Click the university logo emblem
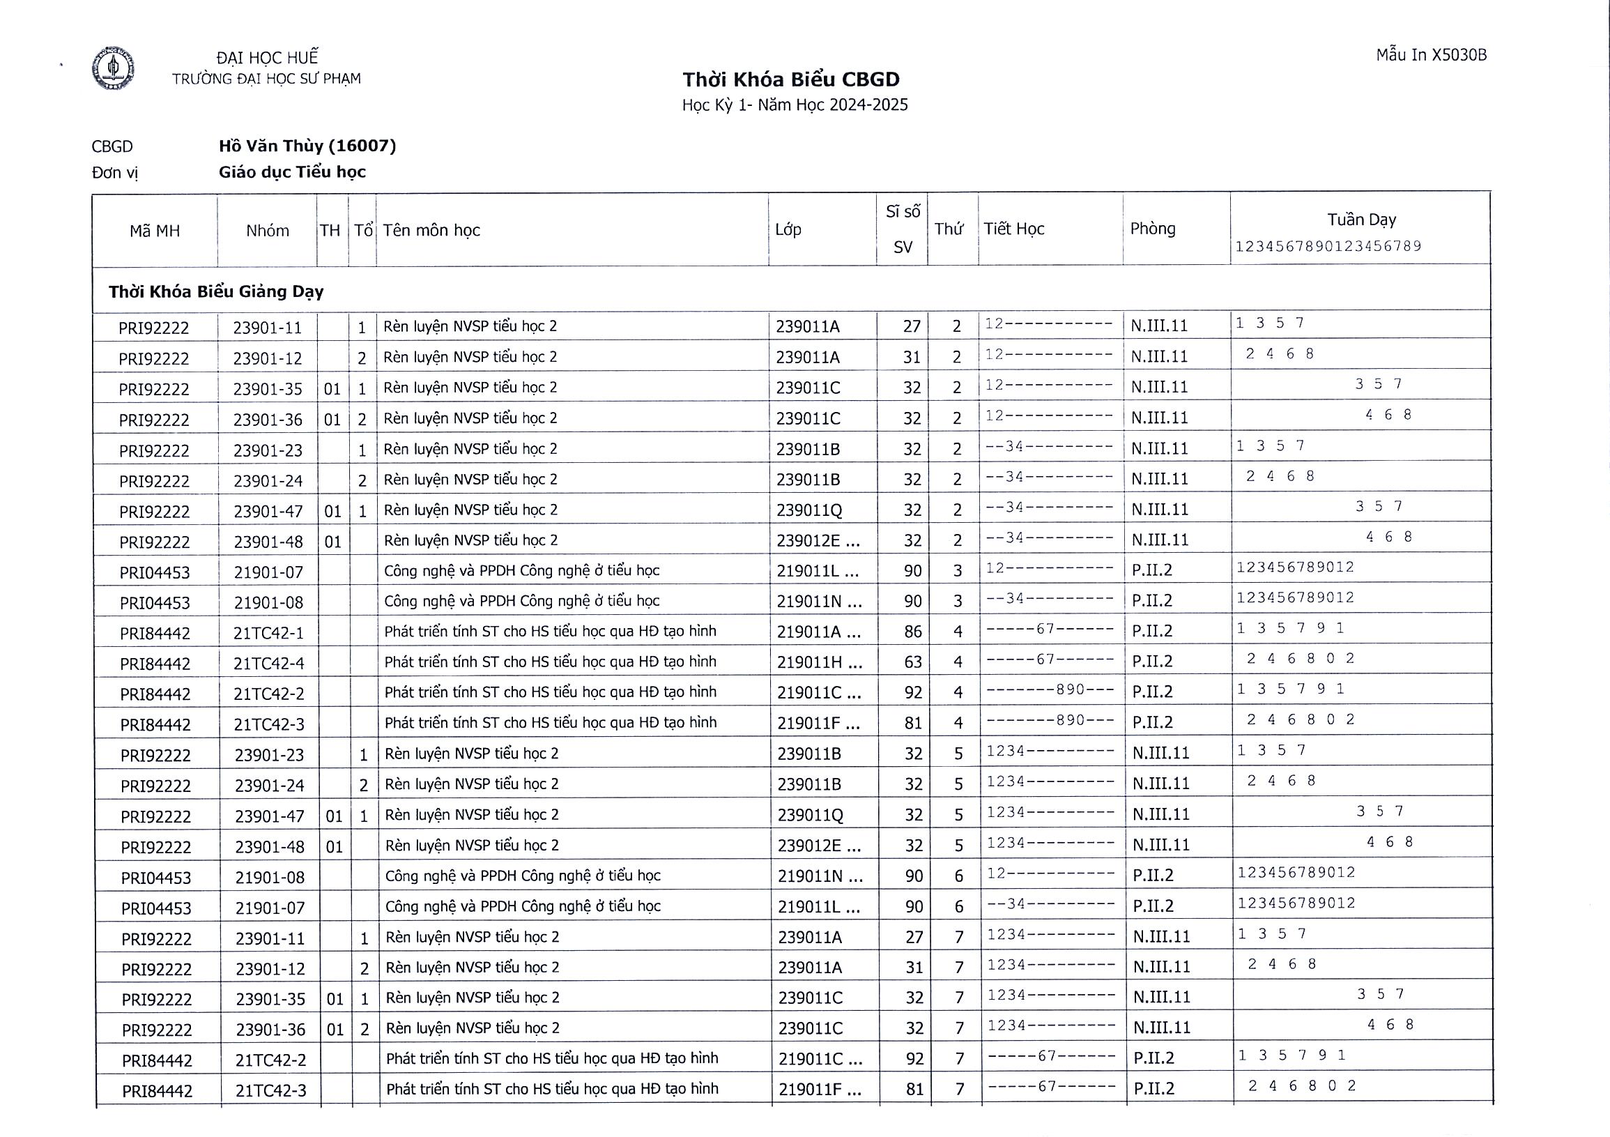(113, 68)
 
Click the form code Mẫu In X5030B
(1430, 55)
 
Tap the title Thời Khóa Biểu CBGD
(792, 79)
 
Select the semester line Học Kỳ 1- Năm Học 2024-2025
(795, 105)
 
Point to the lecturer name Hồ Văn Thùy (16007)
(307, 146)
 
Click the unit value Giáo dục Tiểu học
(292, 172)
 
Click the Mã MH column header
(154, 231)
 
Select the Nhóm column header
(267, 231)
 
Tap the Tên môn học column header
(431, 230)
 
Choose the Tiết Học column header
(1013, 229)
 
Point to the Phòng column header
(1152, 229)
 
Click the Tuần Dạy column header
(1361, 220)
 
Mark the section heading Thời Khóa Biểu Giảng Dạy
(216, 291)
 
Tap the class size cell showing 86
(912, 632)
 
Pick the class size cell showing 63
(912, 662)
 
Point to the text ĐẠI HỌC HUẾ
(267, 58)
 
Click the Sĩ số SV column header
(903, 229)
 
